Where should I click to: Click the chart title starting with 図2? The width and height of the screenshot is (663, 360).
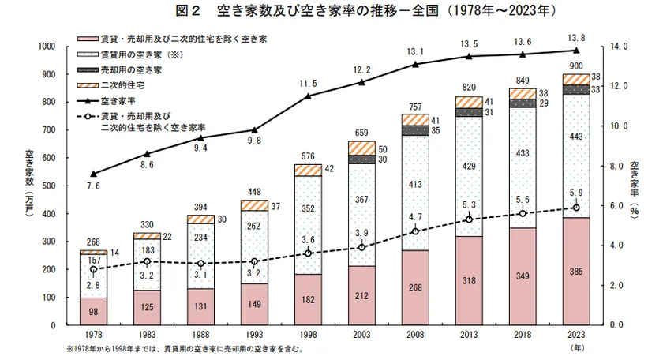[332, 12]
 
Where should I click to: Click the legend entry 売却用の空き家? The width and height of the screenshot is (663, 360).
[131, 69]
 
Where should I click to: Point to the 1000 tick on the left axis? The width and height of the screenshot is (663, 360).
[45, 47]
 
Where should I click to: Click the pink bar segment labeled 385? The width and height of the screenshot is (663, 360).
[575, 271]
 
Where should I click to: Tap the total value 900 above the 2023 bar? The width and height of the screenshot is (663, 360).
[576, 66]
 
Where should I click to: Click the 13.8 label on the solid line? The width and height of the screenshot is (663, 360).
[576, 37]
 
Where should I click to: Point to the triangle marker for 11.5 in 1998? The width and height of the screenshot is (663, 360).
[308, 96]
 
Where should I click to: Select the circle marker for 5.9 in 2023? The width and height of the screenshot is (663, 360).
[575, 208]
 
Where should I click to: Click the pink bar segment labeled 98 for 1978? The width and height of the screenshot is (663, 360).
[93, 311]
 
